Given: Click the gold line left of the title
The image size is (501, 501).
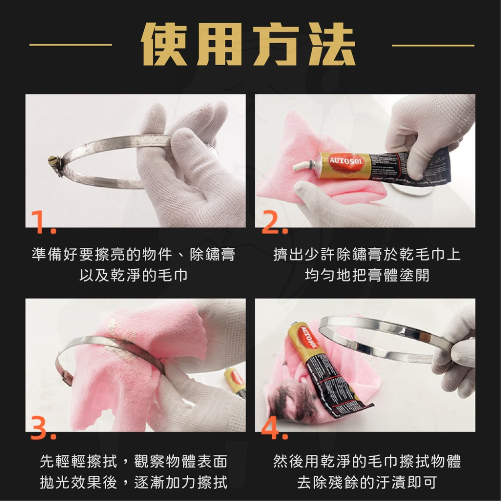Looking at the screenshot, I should coord(70,45).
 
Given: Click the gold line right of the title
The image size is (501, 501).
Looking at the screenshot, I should coord(433,45).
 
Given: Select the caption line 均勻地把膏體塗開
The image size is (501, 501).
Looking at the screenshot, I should coord(367,275).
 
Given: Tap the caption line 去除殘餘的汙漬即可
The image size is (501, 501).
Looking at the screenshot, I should coord(367,482).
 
